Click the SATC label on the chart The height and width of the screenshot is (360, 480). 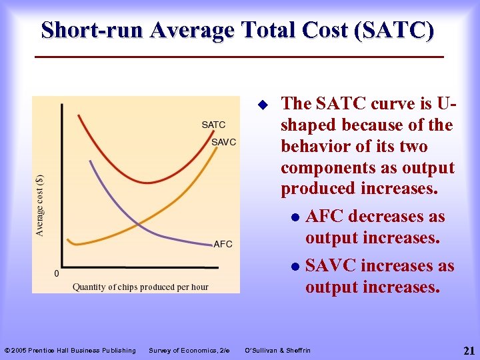[213, 125]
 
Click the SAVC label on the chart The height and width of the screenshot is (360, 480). [223, 142]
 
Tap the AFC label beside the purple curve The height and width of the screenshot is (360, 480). [223, 244]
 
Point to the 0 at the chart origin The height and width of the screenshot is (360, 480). [56, 273]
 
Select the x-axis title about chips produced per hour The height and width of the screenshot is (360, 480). [140, 287]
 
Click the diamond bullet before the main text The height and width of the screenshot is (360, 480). [262, 105]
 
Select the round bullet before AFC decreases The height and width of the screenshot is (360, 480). [295, 217]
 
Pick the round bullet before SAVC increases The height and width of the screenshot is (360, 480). [295, 267]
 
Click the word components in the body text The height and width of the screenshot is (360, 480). [328, 167]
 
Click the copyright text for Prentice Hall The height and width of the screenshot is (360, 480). [70, 351]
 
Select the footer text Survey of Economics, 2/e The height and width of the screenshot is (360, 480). [189, 351]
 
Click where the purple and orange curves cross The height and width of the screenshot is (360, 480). [136, 222]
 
